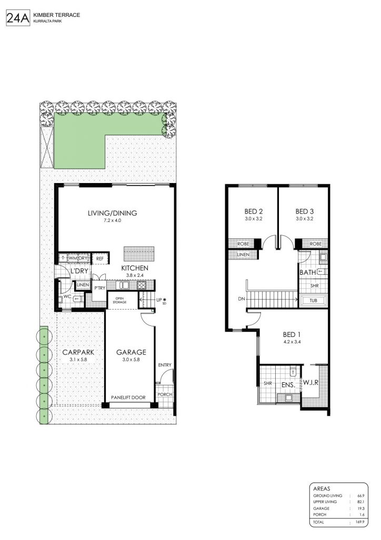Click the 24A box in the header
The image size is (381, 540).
pos(18,18)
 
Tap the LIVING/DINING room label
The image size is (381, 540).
pos(112,213)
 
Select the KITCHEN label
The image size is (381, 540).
pos(135,268)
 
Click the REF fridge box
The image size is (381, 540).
pos(100,258)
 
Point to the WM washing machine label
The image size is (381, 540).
pos(73,258)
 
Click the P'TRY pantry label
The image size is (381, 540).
pos(99,288)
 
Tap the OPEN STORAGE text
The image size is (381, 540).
pos(119,300)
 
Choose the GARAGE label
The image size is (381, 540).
pos(131,352)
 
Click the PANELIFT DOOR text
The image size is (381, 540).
pos(128,398)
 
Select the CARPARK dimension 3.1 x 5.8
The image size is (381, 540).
pos(78,360)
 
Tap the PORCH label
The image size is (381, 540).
pos(165,394)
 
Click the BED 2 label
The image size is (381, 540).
pos(254,211)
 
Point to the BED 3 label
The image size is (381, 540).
pos(304,211)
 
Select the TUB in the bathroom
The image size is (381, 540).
pos(314,301)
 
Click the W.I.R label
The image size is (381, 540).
pos(310,383)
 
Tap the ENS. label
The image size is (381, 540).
pos(288,385)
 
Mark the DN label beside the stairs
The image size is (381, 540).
pos(242,299)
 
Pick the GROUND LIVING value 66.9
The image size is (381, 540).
pos(360,496)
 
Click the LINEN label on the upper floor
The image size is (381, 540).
pos(243,255)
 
